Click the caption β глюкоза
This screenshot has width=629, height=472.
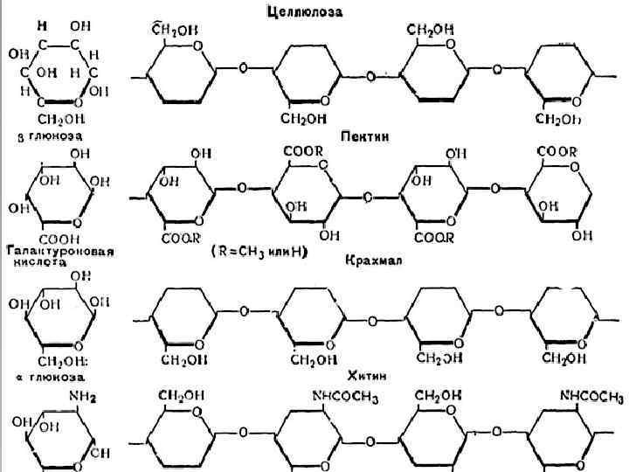51,137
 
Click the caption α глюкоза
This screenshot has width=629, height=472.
51,377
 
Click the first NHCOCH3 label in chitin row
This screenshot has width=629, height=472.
343,399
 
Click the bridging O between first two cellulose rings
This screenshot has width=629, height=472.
242,67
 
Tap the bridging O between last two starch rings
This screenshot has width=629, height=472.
497,309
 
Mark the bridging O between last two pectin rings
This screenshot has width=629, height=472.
497,187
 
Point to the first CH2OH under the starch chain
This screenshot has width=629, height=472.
183,358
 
